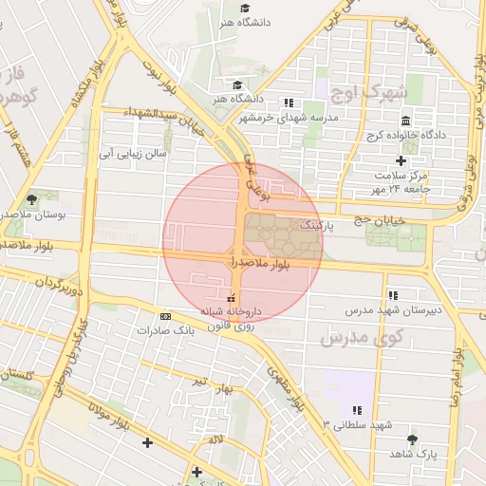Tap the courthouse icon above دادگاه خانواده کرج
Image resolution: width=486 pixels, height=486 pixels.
pos(406,121)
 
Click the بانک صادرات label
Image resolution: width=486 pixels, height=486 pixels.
pos(158,330)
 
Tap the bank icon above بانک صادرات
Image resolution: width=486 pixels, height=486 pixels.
pos(166,317)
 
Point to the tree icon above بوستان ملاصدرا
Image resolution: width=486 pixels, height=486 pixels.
pos(32,199)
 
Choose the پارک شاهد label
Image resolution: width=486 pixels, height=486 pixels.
pos(412,455)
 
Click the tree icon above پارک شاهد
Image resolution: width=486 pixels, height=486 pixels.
pos(412,439)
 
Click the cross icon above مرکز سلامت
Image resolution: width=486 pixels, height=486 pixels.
pos(401,160)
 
